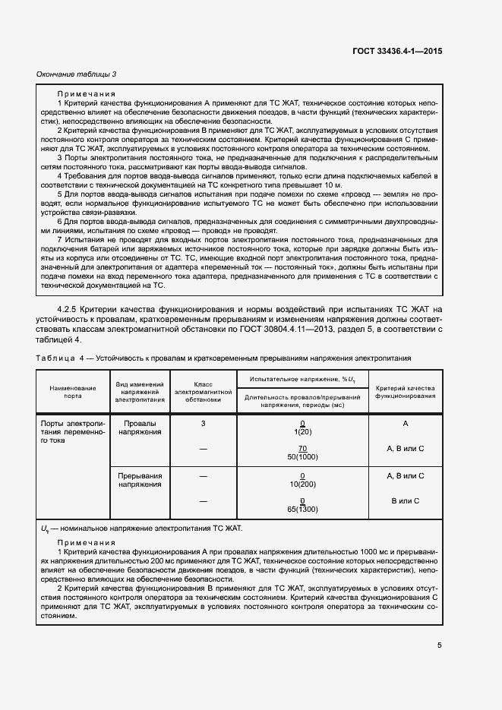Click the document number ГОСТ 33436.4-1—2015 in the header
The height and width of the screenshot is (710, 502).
(x=397, y=50)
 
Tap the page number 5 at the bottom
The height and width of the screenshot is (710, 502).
(x=439, y=645)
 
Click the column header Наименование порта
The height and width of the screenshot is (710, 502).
(x=74, y=392)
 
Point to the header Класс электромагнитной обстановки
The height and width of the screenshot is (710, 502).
(x=203, y=392)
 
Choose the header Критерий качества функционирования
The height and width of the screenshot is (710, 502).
(x=405, y=392)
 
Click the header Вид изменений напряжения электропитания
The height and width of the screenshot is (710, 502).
(x=140, y=392)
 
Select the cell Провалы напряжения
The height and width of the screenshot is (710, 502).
(x=140, y=428)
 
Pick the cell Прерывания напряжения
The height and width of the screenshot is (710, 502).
(x=140, y=480)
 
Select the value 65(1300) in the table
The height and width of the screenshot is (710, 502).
(x=302, y=510)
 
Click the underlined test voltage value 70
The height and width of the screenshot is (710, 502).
(x=302, y=449)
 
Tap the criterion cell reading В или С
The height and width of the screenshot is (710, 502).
(x=405, y=501)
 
